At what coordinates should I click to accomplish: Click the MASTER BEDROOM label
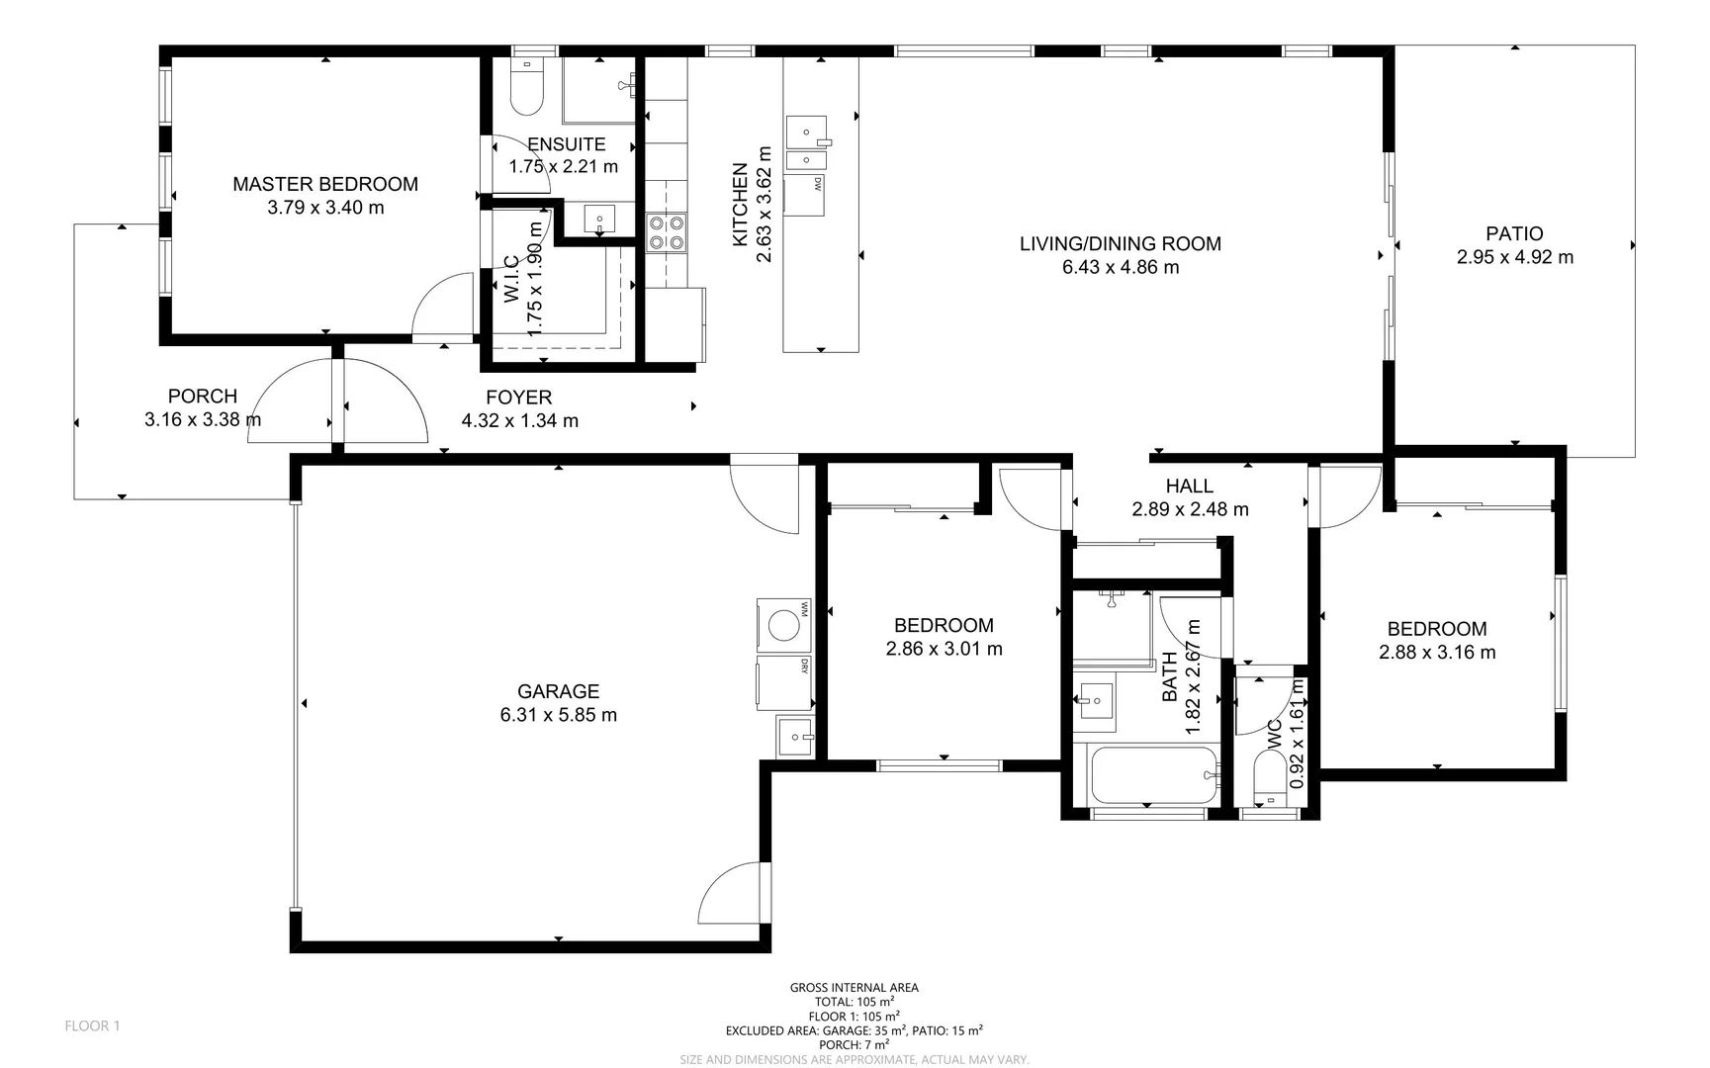tap(324, 184)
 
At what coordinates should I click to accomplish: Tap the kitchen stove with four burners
tap(666, 231)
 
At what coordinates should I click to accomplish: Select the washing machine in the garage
tap(783, 625)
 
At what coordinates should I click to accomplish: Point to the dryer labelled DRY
tap(783, 682)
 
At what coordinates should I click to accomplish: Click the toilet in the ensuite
tap(527, 87)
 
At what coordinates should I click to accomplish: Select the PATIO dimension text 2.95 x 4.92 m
tap(1514, 257)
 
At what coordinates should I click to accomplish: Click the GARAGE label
tap(558, 691)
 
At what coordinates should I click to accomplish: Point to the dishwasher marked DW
tap(804, 195)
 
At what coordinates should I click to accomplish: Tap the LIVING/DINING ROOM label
tap(1120, 243)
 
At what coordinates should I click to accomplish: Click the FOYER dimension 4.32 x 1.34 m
tap(519, 421)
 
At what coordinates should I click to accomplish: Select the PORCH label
tap(202, 397)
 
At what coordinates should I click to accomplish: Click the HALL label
tap(1189, 486)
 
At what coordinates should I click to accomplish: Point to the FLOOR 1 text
tap(92, 1025)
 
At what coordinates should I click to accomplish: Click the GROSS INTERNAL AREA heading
tap(854, 987)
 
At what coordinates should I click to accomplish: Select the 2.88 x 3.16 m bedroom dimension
tap(1436, 653)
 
